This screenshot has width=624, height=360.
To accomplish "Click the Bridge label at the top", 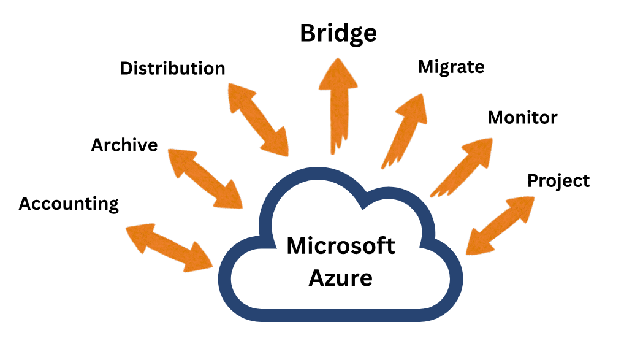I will pos(338,33).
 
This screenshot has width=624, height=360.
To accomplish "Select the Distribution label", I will pos(172,68).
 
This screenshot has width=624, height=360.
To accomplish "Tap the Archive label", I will pos(124,145).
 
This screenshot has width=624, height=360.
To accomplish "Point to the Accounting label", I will pos(69,204).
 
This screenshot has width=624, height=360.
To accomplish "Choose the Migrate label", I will pos(451,67).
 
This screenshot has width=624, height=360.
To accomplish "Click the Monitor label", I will pos(522,117).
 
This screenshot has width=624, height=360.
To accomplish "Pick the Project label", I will pos(558,181).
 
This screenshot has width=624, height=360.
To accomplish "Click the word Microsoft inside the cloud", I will pos(341,247).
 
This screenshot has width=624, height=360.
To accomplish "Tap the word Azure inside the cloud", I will pos(340,278).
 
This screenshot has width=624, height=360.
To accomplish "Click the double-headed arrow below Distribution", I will pos(257,119).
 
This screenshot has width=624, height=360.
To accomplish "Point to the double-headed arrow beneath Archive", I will pos(205,178).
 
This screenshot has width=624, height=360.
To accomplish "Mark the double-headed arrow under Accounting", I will pos(169,247).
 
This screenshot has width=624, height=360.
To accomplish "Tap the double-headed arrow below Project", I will pos(500,224).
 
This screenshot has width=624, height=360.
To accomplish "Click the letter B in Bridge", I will pos(308,33).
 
